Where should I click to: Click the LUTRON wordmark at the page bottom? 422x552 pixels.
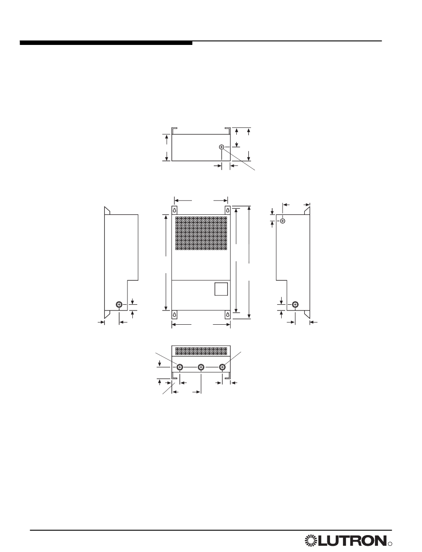352,540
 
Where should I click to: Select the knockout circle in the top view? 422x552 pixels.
221,147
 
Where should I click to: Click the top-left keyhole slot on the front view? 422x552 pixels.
174,210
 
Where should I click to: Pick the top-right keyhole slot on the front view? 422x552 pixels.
228,210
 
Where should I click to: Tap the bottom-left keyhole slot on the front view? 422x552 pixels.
174,314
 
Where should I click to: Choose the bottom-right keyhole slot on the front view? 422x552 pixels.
228,314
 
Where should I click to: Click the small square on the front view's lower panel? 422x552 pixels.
221,289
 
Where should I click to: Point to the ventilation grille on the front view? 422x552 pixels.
201,233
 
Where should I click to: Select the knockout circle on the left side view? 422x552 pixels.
119,304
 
